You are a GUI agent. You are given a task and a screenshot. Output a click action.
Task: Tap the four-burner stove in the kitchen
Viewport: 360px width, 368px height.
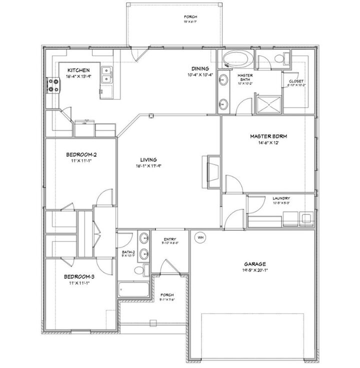(x=52, y=86)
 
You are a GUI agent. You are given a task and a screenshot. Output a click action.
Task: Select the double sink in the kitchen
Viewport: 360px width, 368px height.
(x=106, y=75)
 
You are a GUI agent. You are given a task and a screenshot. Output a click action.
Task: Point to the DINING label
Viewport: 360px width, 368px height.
(x=200, y=69)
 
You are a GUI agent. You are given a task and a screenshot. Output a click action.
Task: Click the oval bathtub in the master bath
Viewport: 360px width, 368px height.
(x=238, y=59)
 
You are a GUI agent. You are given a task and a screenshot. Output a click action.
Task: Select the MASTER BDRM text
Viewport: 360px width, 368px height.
(x=268, y=136)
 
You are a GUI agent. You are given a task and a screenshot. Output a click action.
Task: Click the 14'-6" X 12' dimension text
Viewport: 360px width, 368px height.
(x=268, y=142)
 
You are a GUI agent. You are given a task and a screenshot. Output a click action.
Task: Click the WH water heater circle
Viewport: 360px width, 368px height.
(x=200, y=237)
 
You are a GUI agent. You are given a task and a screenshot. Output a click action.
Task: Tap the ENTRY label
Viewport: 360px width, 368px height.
(x=169, y=238)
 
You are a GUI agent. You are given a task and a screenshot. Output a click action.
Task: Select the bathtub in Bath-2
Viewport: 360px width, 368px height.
(x=133, y=290)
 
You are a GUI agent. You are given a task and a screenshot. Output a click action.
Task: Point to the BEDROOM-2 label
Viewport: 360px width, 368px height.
(x=81, y=155)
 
